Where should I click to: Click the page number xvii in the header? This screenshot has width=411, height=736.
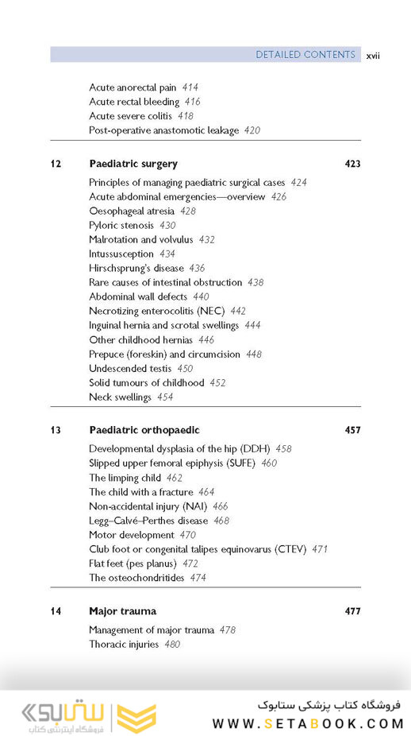click(x=372, y=56)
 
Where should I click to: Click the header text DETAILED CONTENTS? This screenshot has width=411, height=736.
click(x=305, y=55)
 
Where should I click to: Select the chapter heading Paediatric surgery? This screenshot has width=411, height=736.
click(x=133, y=164)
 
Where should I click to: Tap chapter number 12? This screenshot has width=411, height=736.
click(x=56, y=164)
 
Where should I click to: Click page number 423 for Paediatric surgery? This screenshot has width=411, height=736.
click(x=352, y=164)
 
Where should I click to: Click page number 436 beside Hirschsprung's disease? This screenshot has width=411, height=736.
click(x=197, y=268)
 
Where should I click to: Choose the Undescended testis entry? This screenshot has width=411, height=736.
click(x=129, y=368)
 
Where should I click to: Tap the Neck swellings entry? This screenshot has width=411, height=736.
click(x=120, y=397)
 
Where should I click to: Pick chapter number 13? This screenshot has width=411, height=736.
click(x=56, y=430)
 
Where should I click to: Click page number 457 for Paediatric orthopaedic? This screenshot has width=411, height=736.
click(x=352, y=430)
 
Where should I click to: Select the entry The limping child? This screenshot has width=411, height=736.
click(x=125, y=478)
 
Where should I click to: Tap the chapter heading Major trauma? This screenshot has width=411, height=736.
click(x=123, y=611)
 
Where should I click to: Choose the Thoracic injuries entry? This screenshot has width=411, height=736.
click(x=124, y=645)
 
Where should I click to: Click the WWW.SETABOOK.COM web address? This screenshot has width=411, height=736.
click(x=308, y=723)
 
